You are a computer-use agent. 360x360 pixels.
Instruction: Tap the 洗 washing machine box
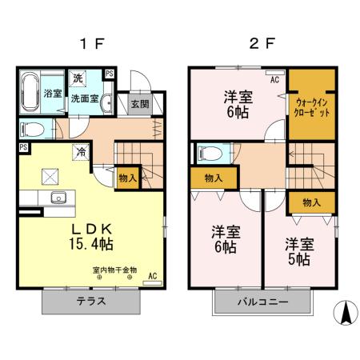[x=78, y=78]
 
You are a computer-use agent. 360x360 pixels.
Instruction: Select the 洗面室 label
[x=84, y=99]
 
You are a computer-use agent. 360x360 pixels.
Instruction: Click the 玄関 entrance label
[x=139, y=104]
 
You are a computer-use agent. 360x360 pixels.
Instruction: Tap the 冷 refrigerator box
[x=80, y=150]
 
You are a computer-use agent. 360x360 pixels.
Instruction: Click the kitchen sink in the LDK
[x=57, y=198]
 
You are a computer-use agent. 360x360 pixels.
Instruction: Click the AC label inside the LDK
[x=151, y=277]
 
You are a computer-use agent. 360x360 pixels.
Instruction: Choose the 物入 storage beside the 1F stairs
[x=126, y=177]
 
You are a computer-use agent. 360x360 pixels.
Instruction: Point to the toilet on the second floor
[x=210, y=152]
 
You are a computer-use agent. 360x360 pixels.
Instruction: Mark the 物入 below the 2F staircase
[x=310, y=203]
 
